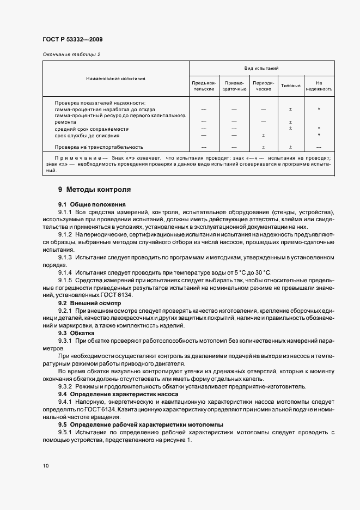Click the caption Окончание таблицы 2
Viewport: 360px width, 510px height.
[x=71, y=54]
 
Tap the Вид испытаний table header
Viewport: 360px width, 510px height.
[x=261, y=69]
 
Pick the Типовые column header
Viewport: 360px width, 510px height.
[x=290, y=86]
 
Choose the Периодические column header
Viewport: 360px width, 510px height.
[x=263, y=86]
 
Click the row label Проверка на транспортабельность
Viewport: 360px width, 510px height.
[x=99, y=147]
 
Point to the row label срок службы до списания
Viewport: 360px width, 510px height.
[x=87, y=136]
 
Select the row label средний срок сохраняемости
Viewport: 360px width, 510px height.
[x=92, y=129]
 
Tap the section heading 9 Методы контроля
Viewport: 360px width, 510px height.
[x=94, y=190]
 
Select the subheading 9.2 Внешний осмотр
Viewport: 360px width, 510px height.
[x=89, y=302]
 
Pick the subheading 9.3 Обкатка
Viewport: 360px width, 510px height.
[x=76, y=332]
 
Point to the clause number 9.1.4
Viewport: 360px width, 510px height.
[x=65, y=271]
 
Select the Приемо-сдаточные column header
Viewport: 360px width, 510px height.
[x=235, y=86]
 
